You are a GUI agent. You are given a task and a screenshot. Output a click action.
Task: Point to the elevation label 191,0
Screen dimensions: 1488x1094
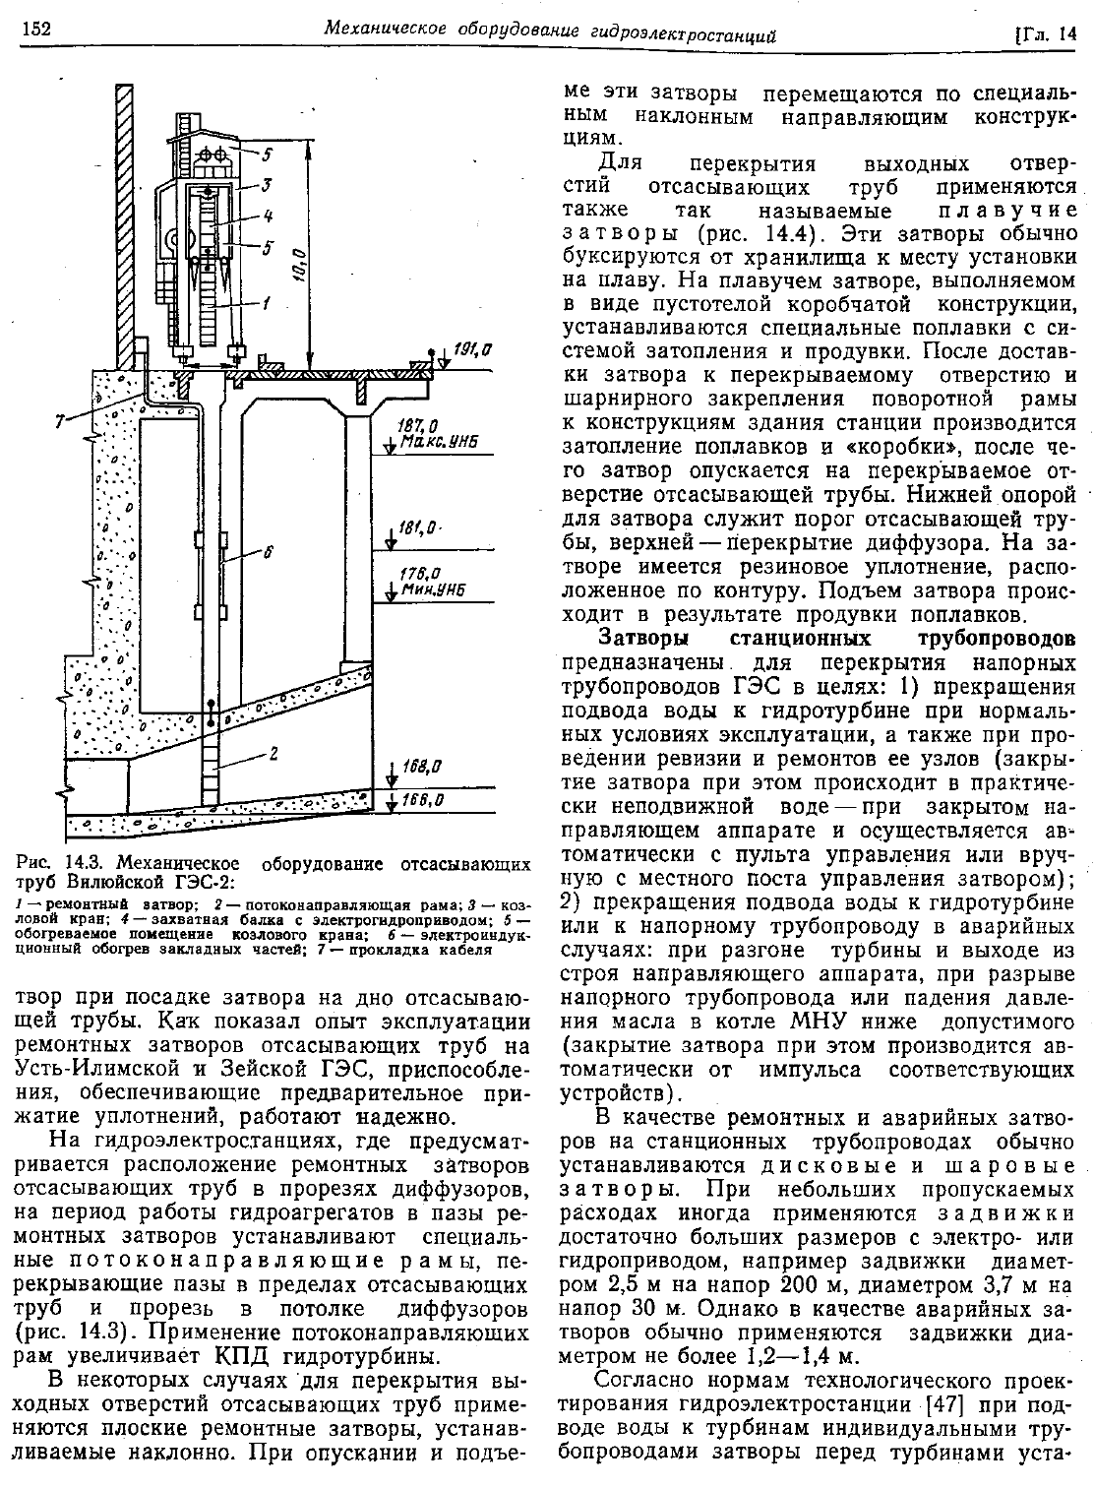pos(473,348)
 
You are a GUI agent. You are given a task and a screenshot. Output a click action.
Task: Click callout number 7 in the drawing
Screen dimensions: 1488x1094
pos(61,422)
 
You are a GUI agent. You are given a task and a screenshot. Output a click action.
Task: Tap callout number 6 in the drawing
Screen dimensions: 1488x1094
pos(266,553)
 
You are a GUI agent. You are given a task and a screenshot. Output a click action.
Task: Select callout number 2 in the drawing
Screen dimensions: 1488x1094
pos(273,755)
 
